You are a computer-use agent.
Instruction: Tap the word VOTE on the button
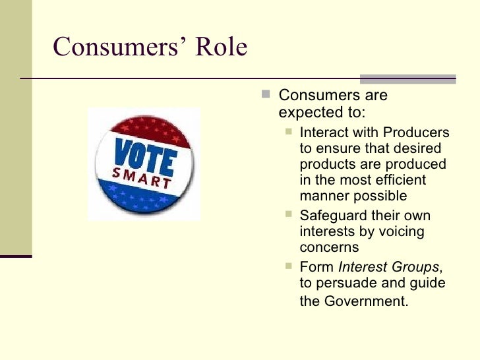pyautogui.click(x=144, y=156)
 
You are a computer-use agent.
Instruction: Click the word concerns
pyautogui.click(x=329, y=247)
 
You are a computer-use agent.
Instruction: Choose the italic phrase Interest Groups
pyautogui.click(x=388, y=267)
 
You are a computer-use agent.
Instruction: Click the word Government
pyautogui.click(x=374, y=302)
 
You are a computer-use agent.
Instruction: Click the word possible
pyautogui.click(x=382, y=196)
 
